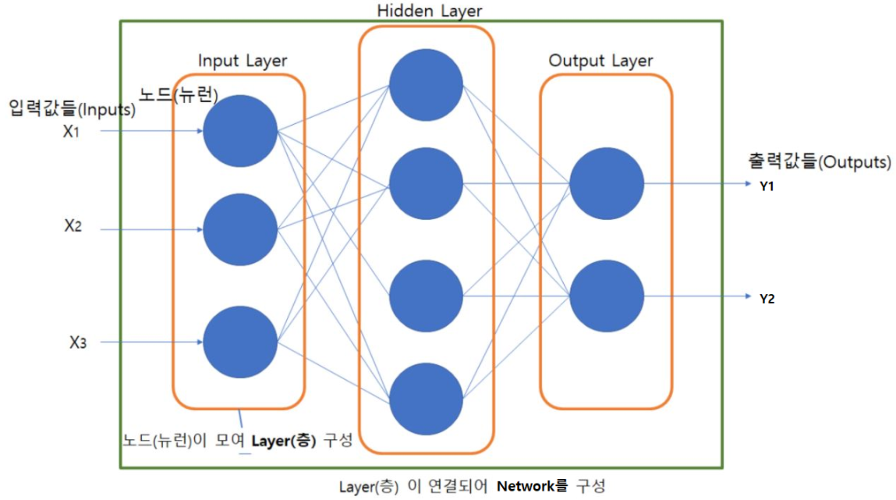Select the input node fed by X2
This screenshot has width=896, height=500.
pos(240,229)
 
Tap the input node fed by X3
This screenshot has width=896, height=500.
pos(240,342)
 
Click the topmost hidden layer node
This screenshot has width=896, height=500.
pos(426,85)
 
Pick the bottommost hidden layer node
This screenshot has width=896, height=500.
pos(426,399)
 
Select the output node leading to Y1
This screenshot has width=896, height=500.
pos(607,184)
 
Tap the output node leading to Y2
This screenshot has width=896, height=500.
pos(607,296)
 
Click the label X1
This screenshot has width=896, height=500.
pos(72,132)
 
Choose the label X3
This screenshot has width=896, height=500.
pos(77,342)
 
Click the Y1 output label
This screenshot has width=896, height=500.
pos(767,187)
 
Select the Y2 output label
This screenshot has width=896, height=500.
pos(767,299)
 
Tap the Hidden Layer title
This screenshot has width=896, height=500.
pos(429,11)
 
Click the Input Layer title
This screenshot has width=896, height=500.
pos(243,61)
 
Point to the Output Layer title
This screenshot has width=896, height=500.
pos(600,61)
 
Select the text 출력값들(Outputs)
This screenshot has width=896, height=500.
pos(819,163)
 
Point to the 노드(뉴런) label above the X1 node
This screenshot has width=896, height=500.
pos(179,94)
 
